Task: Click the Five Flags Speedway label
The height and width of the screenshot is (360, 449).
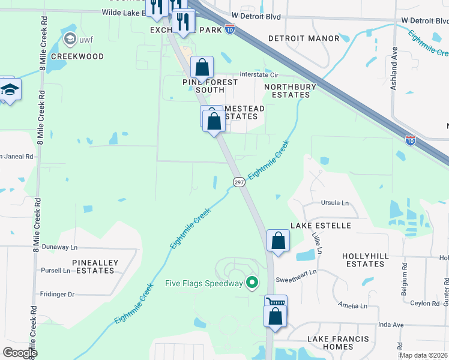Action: pyautogui.click(x=205, y=283)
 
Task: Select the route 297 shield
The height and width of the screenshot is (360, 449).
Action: pyautogui.click(x=238, y=182)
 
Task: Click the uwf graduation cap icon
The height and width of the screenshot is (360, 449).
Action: pyautogui.click(x=70, y=40)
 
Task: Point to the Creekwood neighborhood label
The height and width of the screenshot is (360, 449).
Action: pyautogui.click(x=77, y=56)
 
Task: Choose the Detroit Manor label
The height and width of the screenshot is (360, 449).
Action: pyautogui.click(x=304, y=38)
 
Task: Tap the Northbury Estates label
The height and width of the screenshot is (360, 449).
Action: pyautogui.click(x=290, y=91)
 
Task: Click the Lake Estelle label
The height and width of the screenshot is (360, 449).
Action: pyautogui.click(x=321, y=226)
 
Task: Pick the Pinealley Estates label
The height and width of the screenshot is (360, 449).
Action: pyautogui.click(x=95, y=266)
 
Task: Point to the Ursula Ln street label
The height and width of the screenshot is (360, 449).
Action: pyautogui.click(x=335, y=203)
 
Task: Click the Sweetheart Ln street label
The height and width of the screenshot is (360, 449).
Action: pyautogui.click(x=295, y=280)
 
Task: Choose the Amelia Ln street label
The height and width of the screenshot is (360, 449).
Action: pyautogui.click(x=352, y=305)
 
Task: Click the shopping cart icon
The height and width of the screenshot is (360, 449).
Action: pyautogui.click(x=276, y=302)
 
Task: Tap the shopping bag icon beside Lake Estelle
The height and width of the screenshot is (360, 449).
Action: pyautogui.click(x=279, y=241)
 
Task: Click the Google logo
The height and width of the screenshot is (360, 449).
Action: pyautogui.click(x=20, y=353)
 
